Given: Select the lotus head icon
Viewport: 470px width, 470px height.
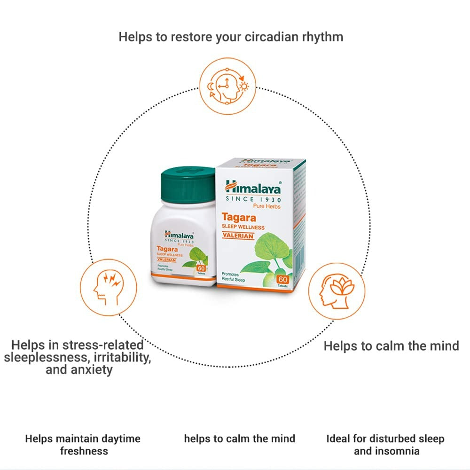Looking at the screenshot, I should pyautogui.click(x=337, y=291).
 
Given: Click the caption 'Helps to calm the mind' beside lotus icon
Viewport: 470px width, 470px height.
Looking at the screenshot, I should pyautogui.click(x=391, y=346).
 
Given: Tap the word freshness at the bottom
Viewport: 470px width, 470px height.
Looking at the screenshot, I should pyautogui.click(x=84, y=451).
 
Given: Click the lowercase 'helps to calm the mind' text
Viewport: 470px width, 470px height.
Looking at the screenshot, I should pyautogui.click(x=240, y=439).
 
